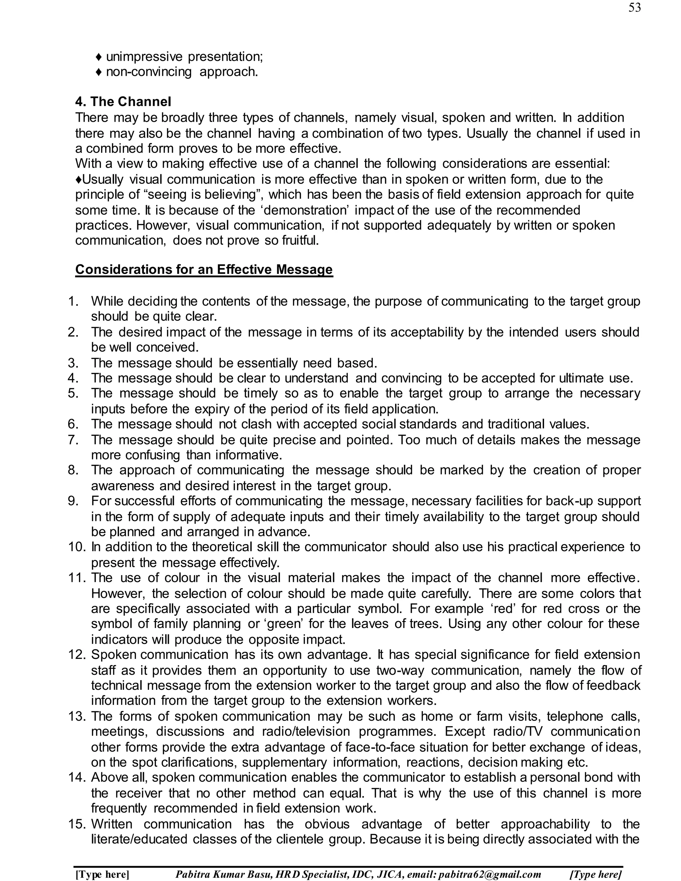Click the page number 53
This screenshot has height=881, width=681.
pyautogui.click(x=634, y=8)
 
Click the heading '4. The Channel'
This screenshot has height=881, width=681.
pyautogui.click(x=123, y=101)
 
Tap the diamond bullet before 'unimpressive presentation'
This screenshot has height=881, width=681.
pyautogui.click(x=98, y=57)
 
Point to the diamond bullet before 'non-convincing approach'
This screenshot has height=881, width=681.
pyautogui.click(x=98, y=72)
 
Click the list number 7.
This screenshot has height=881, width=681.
pyautogui.click(x=73, y=440)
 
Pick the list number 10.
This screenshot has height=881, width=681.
pyautogui.click(x=76, y=547)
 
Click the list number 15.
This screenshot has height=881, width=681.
pyautogui.click(x=76, y=824)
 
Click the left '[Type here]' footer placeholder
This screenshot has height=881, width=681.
pyautogui.click(x=102, y=874)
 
